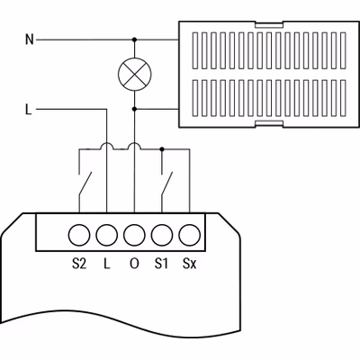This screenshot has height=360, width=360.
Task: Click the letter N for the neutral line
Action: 30,40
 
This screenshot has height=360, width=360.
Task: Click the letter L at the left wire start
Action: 29,110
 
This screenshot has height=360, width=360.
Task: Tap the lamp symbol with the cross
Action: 134,74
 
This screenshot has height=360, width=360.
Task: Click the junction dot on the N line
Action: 134,40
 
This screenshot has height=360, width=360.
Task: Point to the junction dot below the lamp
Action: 134,109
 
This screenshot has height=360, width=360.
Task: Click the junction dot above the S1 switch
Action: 162,149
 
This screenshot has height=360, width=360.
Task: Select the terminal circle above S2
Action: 79,235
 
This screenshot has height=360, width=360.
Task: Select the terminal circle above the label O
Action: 134,235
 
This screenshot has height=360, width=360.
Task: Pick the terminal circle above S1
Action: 162,235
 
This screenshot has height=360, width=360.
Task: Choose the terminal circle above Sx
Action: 190,235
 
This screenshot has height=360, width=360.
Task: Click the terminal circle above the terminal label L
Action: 107,235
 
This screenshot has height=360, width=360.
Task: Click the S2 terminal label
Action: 79,264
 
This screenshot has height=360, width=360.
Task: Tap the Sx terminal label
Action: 190,264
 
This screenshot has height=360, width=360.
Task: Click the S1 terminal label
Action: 161,264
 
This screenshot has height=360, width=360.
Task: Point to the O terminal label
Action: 134,264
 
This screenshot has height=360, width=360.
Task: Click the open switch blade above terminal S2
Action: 85,184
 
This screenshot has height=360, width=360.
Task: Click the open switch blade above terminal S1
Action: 167,184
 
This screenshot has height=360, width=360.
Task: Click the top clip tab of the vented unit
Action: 269,25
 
